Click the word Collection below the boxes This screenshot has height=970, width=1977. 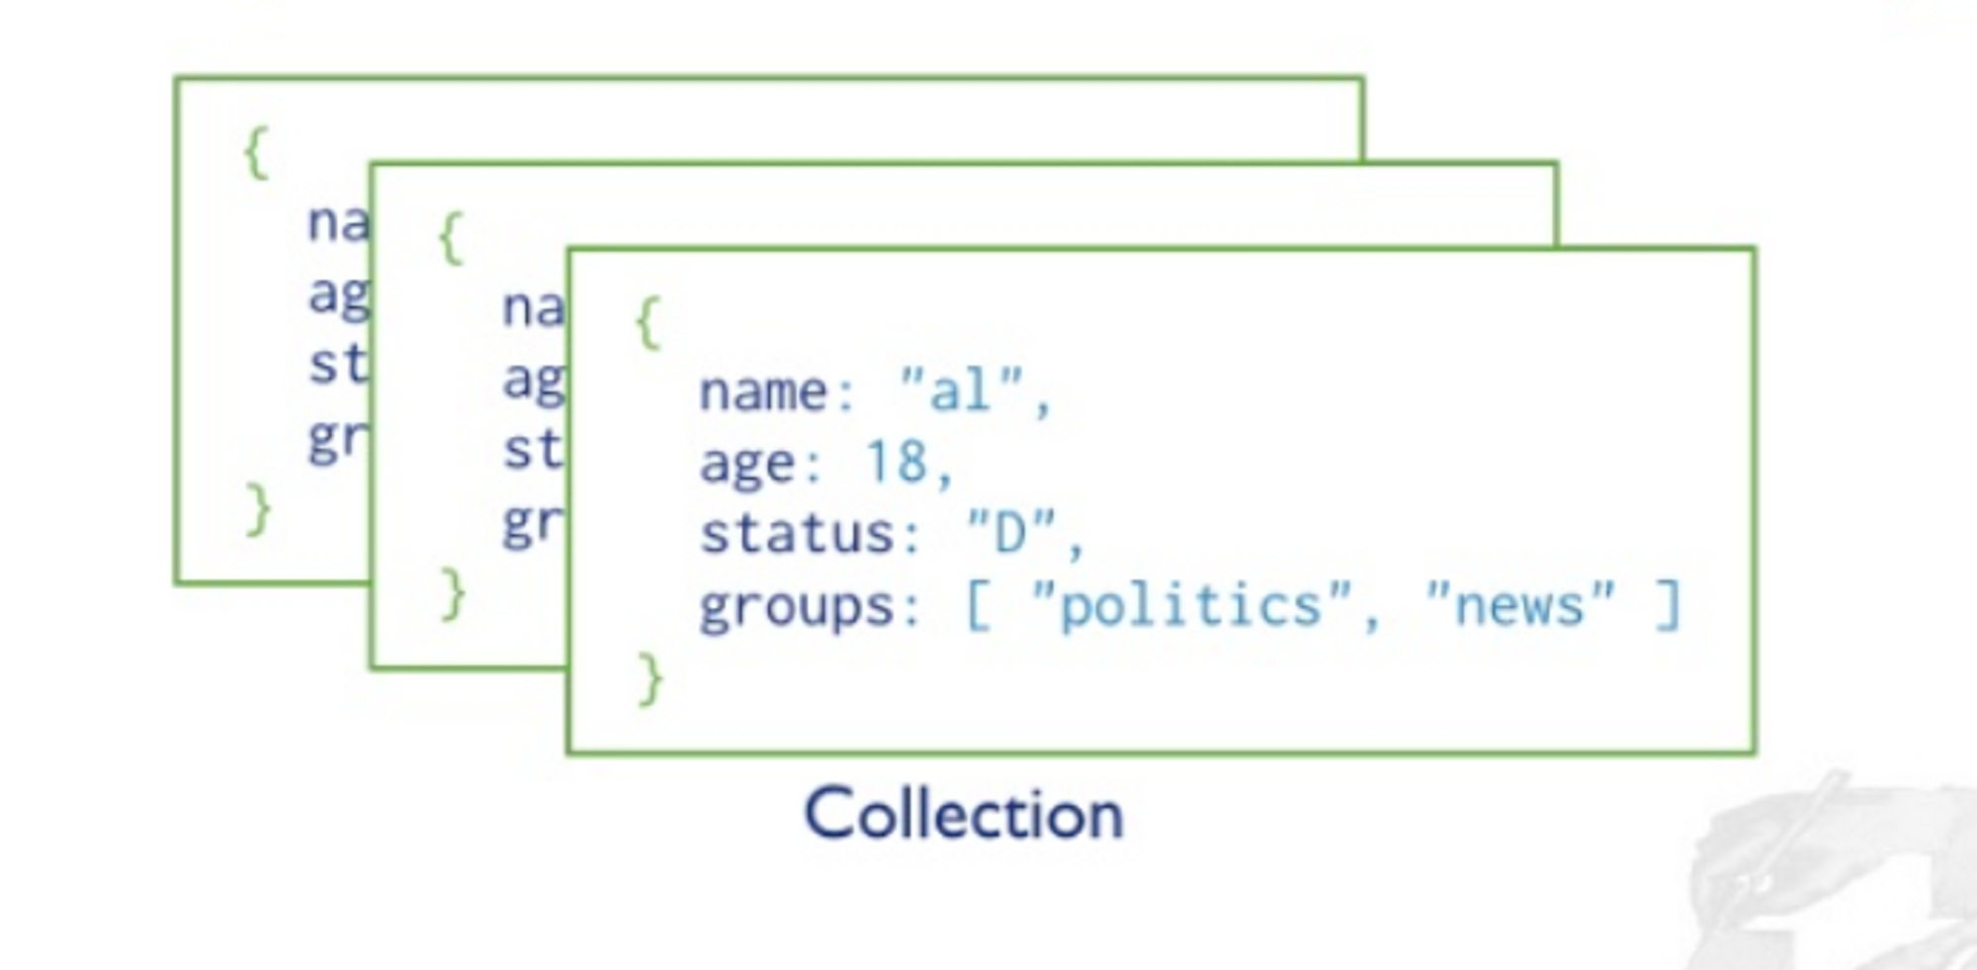[964, 816]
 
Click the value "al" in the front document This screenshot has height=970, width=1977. [962, 391]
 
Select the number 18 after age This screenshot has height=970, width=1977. [896, 462]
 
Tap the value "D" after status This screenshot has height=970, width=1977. [1011, 533]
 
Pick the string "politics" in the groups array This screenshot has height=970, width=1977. [1191, 604]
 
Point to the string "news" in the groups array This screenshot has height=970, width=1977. [1520, 604]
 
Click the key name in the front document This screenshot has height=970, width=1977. [763, 392]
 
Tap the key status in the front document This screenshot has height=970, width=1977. [797, 534]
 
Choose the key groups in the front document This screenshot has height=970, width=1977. [797, 606]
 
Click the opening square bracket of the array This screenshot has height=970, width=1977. [977, 604]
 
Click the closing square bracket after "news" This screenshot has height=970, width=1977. [1669, 604]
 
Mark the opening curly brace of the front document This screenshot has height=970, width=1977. [647, 322]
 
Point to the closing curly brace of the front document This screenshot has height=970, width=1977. [649, 678]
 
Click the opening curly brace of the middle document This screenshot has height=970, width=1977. [451, 238]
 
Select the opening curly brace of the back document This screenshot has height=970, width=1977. [256, 153]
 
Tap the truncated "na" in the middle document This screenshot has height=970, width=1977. [533, 308]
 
